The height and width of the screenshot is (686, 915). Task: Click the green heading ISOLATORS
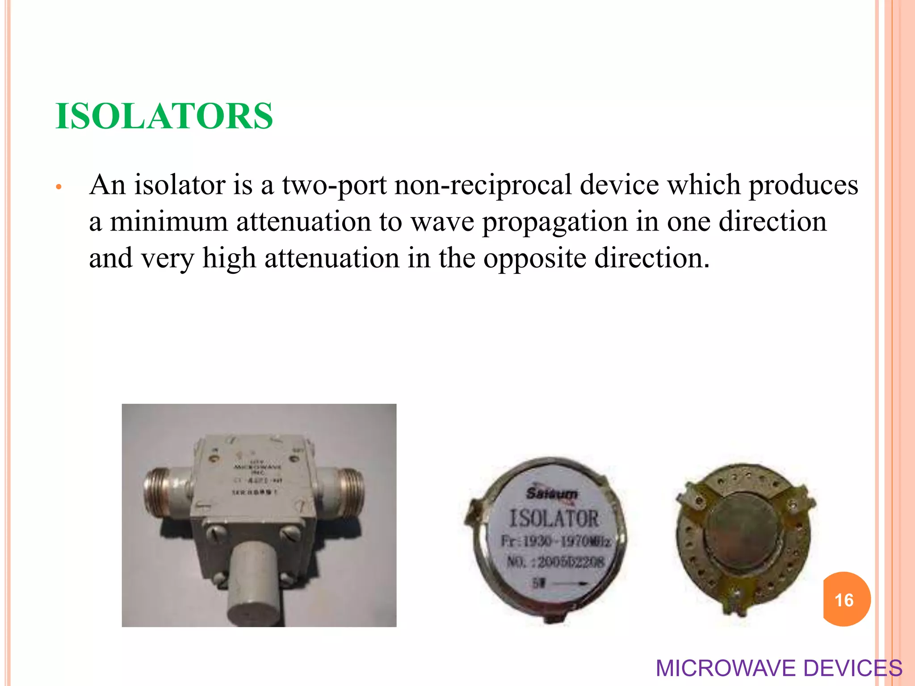pyautogui.click(x=164, y=116)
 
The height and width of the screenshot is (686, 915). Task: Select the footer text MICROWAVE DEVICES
pyautogui.click(x=778, y=668)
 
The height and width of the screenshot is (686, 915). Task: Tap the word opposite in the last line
pyautogui.click(x=534, y=259)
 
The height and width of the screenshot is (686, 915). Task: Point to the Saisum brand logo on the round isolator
pyautogui.click(x=552, y=493)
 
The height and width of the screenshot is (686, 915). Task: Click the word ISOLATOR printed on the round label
pyautogui.click(x=554, y=519)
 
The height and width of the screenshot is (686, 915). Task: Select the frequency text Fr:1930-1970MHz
pyautogui.click(x=556, y=541)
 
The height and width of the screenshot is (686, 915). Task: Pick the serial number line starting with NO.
pyautogui.click(x=556, y=561)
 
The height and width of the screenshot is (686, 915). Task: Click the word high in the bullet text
pyautogui.click(x=229, y=258)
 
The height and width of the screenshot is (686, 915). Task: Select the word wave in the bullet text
pyautogui.click(x=442, y=222)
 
